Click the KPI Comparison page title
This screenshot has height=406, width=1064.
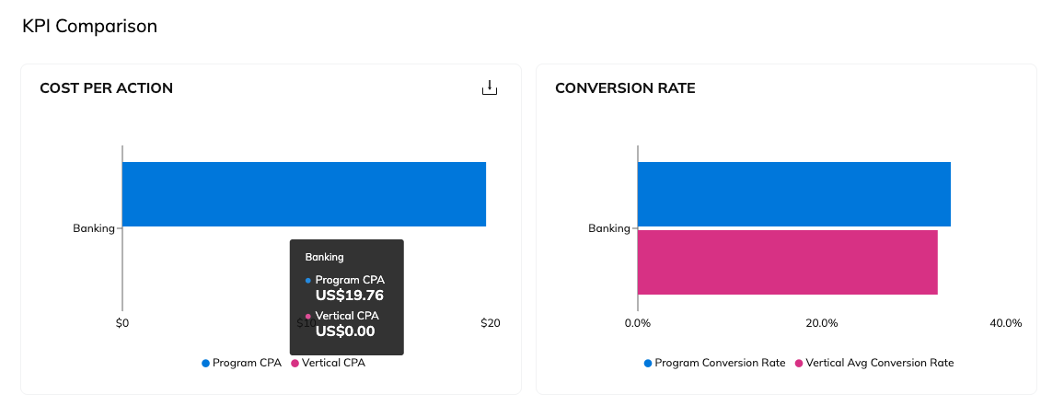(89, 26)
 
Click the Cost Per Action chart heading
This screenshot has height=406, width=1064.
(106, 88)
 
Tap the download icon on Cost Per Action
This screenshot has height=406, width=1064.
(490, 88)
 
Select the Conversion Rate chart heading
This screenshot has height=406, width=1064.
(625, 88)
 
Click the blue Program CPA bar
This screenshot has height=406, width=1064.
(304, 194)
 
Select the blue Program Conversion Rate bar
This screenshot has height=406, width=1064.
(793, 194)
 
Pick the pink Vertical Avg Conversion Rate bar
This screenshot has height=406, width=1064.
(787, 262)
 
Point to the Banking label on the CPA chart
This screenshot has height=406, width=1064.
(93, 228)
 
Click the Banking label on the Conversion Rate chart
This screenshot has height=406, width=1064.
(608, 228)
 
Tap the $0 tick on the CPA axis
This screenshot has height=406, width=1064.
(122, 323)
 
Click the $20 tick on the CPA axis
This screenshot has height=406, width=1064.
(490, 323)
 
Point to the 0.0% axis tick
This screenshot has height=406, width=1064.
(638, 323)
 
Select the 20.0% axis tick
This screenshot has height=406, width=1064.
(821, 323)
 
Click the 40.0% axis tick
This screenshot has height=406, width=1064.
(1005, 323)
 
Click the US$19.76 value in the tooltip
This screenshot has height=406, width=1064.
(349, 296)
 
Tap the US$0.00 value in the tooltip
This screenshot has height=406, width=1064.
(345, 331)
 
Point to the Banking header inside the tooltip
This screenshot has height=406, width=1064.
(324, 257)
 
